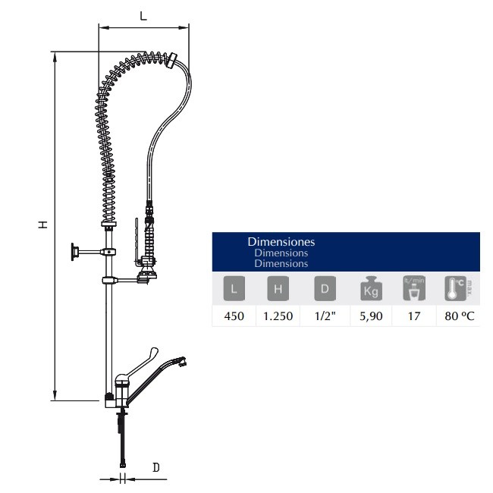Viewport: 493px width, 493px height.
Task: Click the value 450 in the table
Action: (x=234, y=316)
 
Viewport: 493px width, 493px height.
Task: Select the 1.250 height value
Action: (x=278, y=316)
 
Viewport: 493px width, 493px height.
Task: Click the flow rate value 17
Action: (x=413, y=316)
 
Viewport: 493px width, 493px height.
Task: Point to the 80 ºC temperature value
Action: (x=459, y=316)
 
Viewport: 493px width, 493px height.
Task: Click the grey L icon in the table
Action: (x=234, y=289)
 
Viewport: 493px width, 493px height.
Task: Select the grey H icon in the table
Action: (x=278, y=289)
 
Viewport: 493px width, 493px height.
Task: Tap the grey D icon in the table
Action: (x=324, y=289)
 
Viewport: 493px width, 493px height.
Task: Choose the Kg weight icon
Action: (x=369, y=289)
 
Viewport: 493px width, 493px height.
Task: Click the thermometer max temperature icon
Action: (x=455, y=289)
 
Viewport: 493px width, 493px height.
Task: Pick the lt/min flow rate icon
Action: (x=413, y=289)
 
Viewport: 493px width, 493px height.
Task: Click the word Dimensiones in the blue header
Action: (x=281, y=241)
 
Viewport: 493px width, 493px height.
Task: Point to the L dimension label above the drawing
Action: (x=143, y=16)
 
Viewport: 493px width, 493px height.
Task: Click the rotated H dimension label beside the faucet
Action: (x=44, y=225)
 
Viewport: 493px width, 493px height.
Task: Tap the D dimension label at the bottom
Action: (x=155, y=468)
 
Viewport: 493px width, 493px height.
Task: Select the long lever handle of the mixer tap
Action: (x=155, y=375)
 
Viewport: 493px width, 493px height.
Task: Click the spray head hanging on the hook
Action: (x=149, y=265)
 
